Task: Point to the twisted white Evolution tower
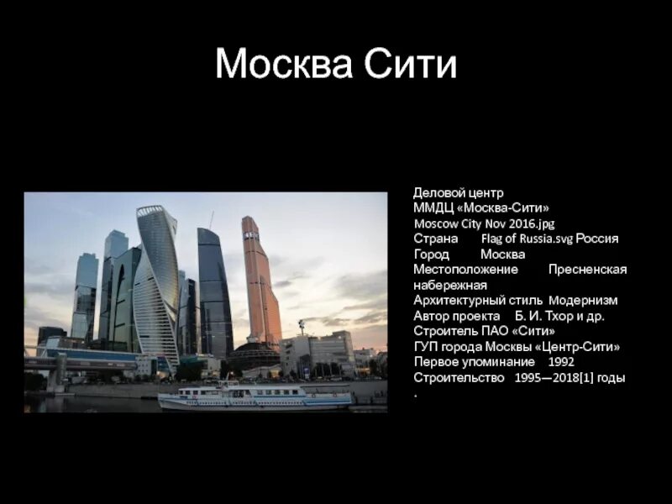tap(156, 277)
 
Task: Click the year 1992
tap(561, 362)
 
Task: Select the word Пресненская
tap(587, 270)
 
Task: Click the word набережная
tap(450, 285)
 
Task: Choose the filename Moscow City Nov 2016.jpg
tap(484, 224)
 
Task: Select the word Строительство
tap(454, 378)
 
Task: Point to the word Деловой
tap(436, 193)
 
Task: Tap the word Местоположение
tap(465, 270)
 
